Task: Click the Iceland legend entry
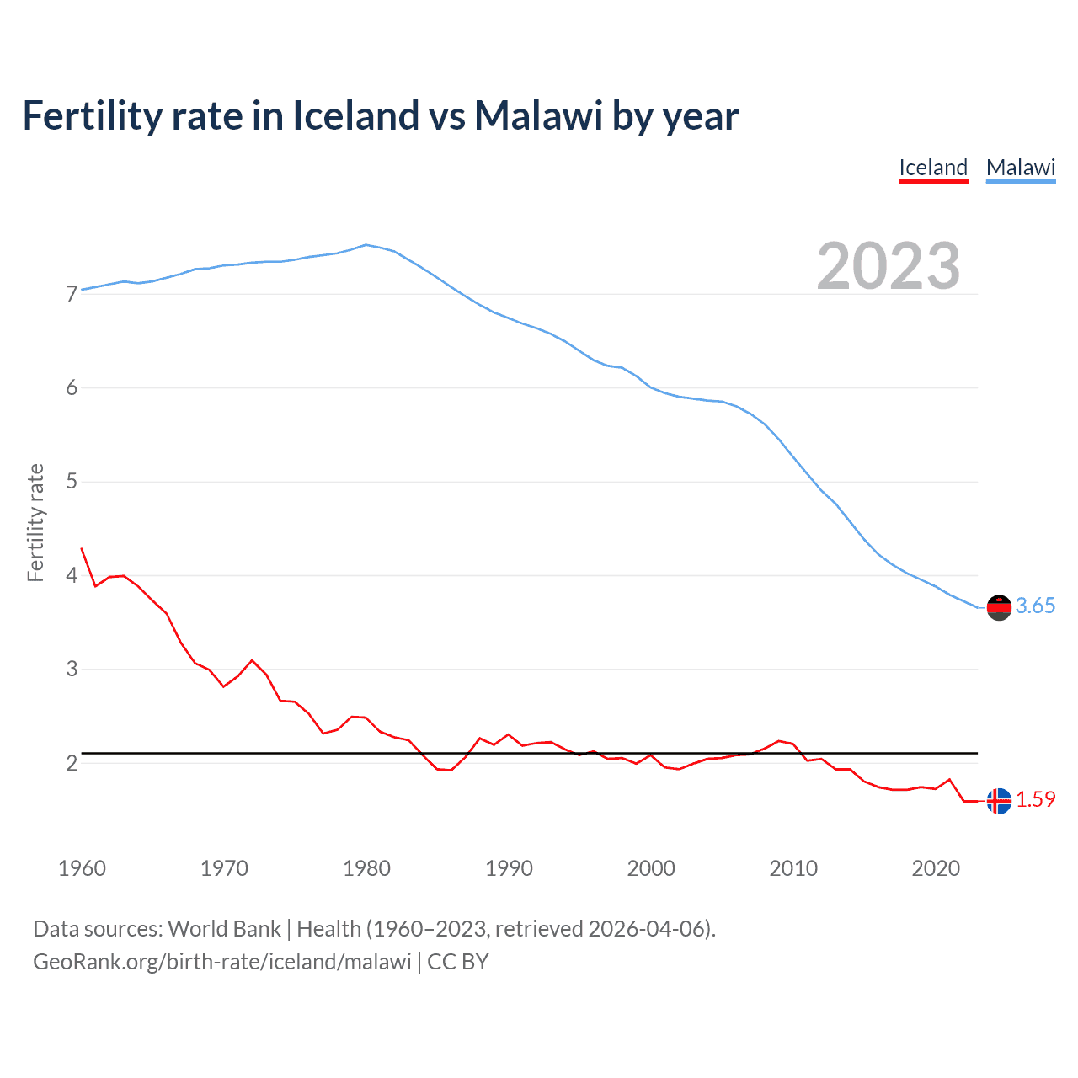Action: tap(933, 168)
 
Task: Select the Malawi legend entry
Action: tap(1021, 168)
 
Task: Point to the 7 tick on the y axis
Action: tap(72, 294)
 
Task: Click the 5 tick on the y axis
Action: tap(72, 482)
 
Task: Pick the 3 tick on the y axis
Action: tap(72, 670)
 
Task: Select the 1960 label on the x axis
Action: tap(82, 868)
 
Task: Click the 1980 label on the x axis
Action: tap(366, 868)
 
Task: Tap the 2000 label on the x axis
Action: tap(651, 868)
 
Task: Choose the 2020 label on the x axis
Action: tap(936, 868)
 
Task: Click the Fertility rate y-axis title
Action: tap(35, 522)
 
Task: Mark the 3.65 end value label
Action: tap(1035, 606)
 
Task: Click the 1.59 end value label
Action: tap(1035, 800)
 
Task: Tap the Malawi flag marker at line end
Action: tap(999, 607)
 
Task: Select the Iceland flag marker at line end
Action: tap(999, 801)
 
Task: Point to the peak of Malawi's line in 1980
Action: tap(366, 245)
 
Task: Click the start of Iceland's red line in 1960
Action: tap(82, 548)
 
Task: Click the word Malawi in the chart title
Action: tap(538, 115)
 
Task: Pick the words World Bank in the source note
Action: tap(224, 929)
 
